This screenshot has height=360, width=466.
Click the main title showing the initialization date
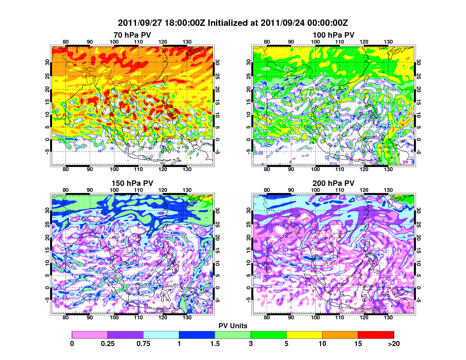coord(233,22)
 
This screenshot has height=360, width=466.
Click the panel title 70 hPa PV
coord(132,35)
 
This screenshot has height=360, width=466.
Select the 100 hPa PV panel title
coord(333,35)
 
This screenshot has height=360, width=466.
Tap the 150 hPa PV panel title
coord(132,183)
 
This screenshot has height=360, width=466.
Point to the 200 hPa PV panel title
coord(333,183)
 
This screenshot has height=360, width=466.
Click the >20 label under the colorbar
coord(394,344)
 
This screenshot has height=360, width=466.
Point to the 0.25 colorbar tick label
coord(108,344)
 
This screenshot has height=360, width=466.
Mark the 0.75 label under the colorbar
coord(144,344)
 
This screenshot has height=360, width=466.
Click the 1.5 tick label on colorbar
coord(215,344)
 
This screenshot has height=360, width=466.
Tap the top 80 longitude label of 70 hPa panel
coord(66,42)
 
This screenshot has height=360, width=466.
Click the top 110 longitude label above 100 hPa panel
coord(339,42)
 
